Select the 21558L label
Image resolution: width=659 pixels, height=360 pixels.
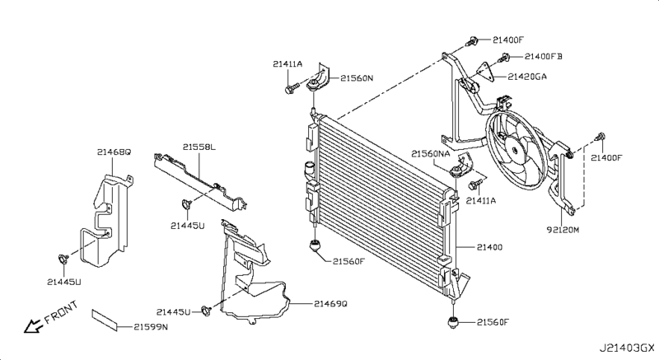click(x=199, y=147)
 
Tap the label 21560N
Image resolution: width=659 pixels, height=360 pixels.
click(x=358, y=78)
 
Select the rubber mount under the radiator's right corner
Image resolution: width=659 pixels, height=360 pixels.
click(x=452, y=321)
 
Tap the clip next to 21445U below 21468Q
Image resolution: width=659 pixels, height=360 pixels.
click(x=63, y=260)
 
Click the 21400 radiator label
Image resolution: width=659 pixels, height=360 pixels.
click(x=489, y=247)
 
